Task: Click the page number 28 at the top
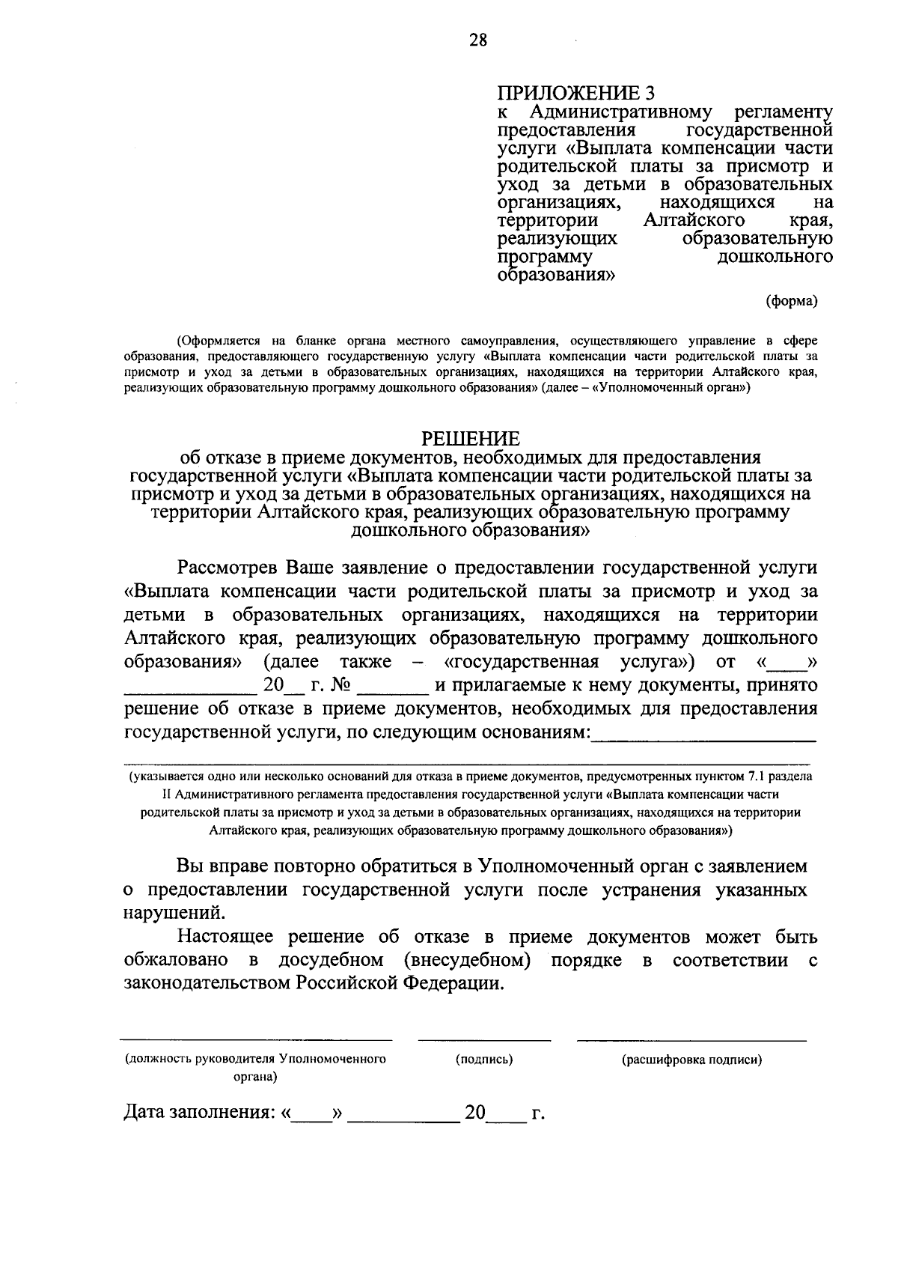coord(477,41)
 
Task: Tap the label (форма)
coord(791,301)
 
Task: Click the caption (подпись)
coord(484,1060)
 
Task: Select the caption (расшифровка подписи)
coord(691,1060)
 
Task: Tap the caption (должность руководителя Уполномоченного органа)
coord(255,1067)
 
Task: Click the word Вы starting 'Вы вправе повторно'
coord(189,867)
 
